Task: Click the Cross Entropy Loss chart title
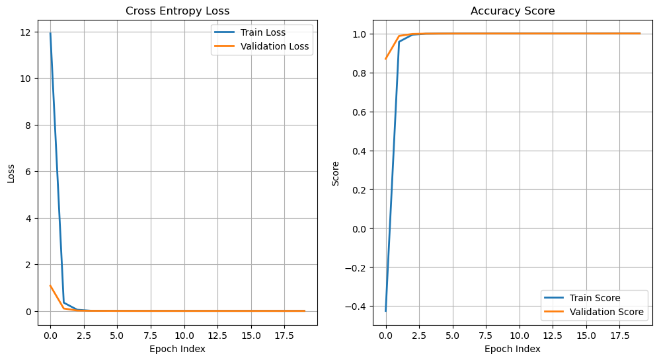pyautogui.click(x=177, y=11)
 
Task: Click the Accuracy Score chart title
pyautogui.click(x=512, y=11)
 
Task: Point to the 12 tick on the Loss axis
pyautogui.click(x=26, y=32)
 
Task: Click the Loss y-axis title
pyautogui.click(x=11, y=173)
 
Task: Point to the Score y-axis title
pyautogui.click(x=335, y=173)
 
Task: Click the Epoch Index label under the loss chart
pyautogui.click(x=177, y=349)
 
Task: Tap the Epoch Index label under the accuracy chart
pyautogui.click(x=512, y=349)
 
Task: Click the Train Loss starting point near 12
pyautogui.click(x=50, y=33)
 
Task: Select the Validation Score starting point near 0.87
pyautogui.click(x=385, y=59)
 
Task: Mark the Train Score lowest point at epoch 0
pyautogui.click(x=385, y=310)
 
